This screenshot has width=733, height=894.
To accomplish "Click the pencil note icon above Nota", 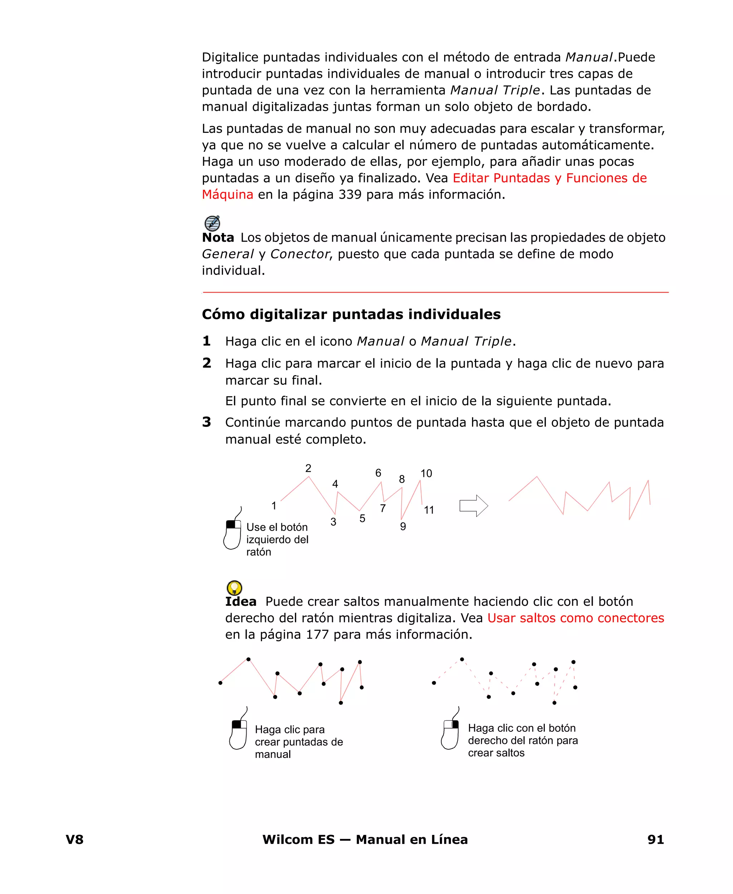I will tap(212, 223).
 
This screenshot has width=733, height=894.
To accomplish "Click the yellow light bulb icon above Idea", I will tap(234, 588).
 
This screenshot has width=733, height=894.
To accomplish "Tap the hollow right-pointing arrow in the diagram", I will tap(473, 506).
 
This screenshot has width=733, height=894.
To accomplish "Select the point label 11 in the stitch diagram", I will tap(429, 510).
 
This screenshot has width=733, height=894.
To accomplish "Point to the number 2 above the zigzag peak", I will tap(308, 468).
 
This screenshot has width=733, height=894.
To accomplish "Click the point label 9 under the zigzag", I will tap(403, 527).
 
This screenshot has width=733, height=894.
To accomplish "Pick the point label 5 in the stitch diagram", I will tap(362, 518).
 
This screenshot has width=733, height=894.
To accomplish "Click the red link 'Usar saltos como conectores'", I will tap(576, 618).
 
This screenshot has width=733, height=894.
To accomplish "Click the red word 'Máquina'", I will tap(228, 195).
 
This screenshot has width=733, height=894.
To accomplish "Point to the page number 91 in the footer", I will tap(655, 840).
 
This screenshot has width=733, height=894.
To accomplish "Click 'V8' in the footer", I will tap(75, 840).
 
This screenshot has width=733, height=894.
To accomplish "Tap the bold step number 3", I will tap(207, 422).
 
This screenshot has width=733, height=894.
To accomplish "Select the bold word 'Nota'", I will tap(218, 238).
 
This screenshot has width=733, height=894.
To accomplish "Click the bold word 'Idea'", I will tap(241, 602).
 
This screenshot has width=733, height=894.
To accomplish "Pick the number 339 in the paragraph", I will tap(350, 195).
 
